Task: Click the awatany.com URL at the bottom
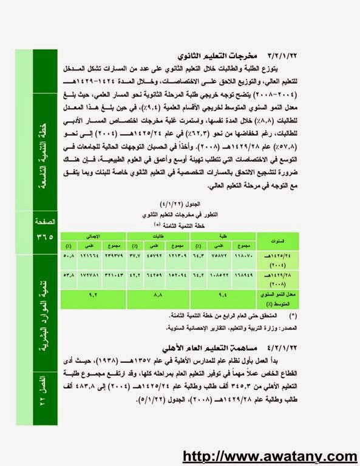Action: coord(270,456)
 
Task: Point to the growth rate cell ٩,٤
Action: coord(221,295)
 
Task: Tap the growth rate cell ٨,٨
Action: coord(158,295)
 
